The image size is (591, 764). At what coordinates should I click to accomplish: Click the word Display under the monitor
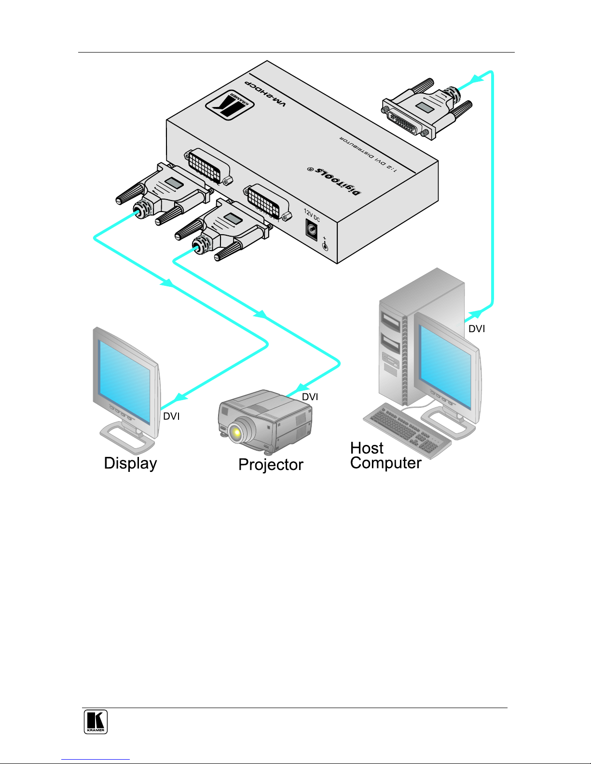tap(131, 464)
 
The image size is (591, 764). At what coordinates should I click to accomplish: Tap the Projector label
tap(271, 465)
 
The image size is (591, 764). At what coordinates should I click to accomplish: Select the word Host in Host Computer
tap(367, 448)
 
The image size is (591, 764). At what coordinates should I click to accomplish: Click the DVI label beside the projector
tap(310, 397)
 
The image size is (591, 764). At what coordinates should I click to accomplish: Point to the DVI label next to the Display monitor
tap(171, 416)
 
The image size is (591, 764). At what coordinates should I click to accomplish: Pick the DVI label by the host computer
tap(477, 329)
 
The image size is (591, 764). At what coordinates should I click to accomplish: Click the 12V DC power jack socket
tap(311, 230)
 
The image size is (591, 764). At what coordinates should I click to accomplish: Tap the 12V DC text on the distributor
tap(312, 215)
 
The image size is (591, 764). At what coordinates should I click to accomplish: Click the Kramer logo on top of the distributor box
tap(230, 105)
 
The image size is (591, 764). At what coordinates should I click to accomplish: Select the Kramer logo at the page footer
tap(96, 722)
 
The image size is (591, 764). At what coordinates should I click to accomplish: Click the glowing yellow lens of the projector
tap(236, 432)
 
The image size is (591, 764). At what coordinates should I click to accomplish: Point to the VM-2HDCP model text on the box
tap(266, 94)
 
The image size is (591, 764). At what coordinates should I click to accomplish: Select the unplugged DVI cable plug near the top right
tap(426, 108)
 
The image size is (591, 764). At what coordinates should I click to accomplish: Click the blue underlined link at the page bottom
tap(96, 760)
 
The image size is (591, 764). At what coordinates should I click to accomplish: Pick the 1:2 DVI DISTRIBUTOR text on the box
tap(368, 154)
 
